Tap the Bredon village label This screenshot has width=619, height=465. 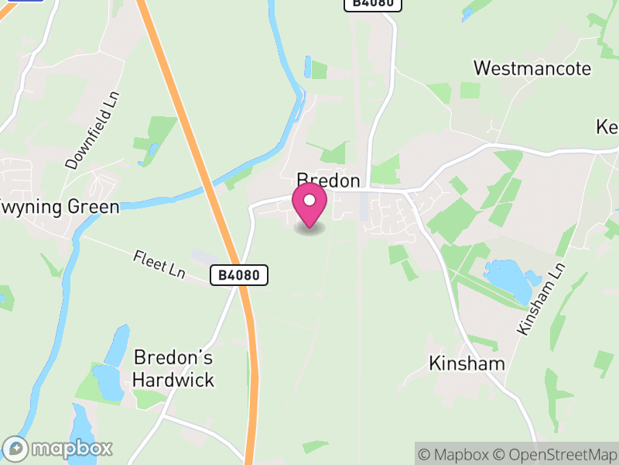[329, 181]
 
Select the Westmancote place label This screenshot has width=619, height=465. [532, 68]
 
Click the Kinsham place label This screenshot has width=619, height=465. [467, 363]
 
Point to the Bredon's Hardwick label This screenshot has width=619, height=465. [173, 369]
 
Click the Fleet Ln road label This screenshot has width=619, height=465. [159, 263]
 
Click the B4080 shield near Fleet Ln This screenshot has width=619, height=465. [239, 274]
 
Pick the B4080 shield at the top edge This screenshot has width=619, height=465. [373, 3]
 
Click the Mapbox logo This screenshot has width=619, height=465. [58, 448]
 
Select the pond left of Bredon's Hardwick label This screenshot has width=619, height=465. [108, 380]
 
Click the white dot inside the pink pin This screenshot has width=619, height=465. [309, 201]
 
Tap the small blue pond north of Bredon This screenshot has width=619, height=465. [308, 67]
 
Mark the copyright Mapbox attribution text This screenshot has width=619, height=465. [453, 454]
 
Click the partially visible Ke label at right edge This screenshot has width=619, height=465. [607, 126]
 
